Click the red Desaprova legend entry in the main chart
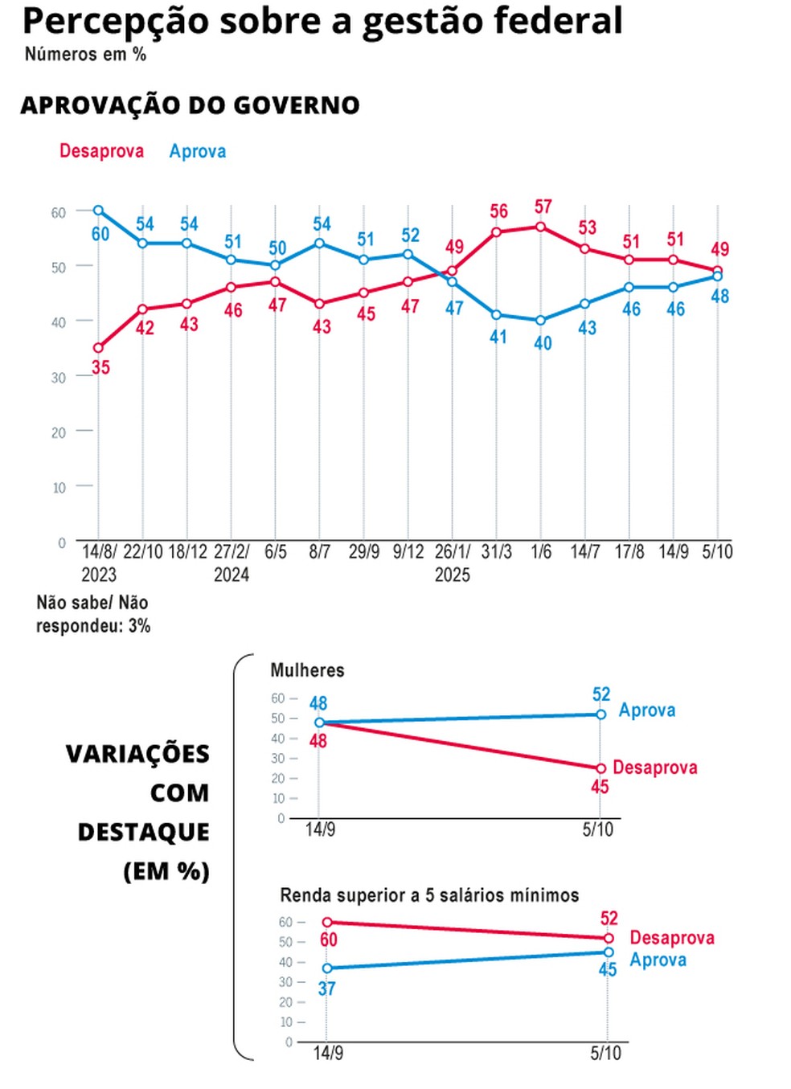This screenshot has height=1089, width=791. (101, 151)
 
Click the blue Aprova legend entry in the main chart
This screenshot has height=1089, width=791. (197, 151)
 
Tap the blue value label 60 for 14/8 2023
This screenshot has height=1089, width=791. (100, 234)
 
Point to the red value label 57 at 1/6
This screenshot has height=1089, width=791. (543, 207)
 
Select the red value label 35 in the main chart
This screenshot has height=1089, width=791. (100, 367)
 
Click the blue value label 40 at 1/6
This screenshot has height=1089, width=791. (543, 342)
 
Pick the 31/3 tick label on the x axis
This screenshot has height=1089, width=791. (497, 551)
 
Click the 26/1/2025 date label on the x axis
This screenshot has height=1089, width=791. (453, 563)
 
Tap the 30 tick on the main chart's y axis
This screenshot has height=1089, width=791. (58, 377)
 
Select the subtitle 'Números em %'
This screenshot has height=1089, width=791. (85, 55)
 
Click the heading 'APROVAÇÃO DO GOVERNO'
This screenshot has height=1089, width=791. (190, 105)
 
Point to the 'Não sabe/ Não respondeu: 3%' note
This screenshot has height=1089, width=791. (92, 614)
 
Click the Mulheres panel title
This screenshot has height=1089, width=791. (307, 670)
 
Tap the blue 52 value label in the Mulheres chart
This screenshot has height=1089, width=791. (601, 694)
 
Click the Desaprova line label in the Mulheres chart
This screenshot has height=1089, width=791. (654, 768)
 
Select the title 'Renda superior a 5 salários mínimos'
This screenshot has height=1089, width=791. (429, 895)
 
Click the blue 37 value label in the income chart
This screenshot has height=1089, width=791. (326, 988)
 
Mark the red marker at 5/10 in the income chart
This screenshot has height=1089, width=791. (609, 938)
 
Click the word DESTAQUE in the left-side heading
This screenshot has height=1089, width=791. (143, 832)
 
